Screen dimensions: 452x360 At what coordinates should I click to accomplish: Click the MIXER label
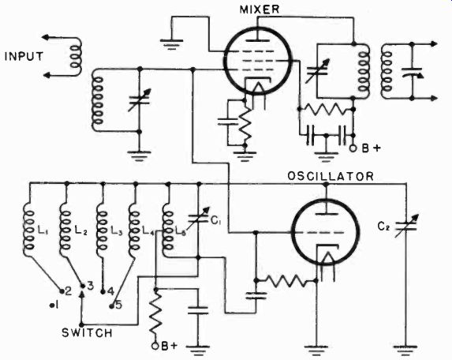click(x=260, y=9)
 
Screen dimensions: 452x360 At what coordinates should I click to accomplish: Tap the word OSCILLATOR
click(x=331, y=176)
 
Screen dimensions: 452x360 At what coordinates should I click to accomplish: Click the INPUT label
click(x=24, y=57)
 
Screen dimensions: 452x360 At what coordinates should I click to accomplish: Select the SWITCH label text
click(x=87, y=333)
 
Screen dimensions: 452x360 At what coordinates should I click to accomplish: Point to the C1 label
click(x=216, y=221)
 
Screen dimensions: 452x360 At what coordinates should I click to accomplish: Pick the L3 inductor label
click(x=117, y=230)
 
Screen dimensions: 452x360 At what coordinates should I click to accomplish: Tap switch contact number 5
click(x=118, y=306)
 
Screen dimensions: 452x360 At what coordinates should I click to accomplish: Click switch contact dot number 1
click(x=52, y=305)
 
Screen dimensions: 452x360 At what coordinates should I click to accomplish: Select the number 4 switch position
click(x=110, y=291)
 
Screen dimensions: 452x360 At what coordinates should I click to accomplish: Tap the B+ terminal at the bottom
click(x=155, y=346)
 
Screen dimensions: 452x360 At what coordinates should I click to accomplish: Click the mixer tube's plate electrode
click(x=258, y=40)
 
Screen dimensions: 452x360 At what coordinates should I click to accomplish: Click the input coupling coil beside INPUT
click(x=76, y=57)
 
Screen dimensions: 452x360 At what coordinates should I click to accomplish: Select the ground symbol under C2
click(x=406, y=349)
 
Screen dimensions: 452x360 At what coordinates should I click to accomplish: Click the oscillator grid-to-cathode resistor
click(x=285, y=280)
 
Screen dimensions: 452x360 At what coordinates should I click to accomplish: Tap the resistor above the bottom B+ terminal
click(x=155, y=313)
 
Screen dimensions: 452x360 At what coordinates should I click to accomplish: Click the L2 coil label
click(x=80, y=230)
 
